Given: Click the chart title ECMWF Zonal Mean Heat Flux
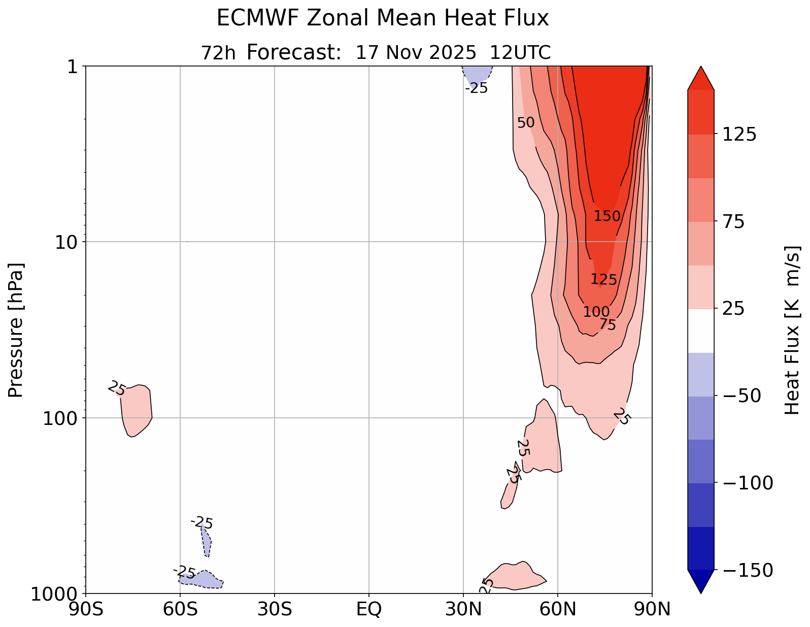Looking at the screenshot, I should click(x=383, y=19).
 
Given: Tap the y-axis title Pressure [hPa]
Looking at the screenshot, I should click(x=16, y=330).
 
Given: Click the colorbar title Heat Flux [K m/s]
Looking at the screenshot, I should click(x=793, y=330).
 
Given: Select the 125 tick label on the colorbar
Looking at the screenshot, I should click(x=738, y=135).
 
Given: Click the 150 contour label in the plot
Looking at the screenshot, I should click(x=607, y=216).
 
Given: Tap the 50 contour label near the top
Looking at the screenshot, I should click(x=526, y=123).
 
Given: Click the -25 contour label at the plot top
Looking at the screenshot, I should click(x=476, y=88).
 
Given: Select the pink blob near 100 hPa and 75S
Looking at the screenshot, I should click(x=137, y=410).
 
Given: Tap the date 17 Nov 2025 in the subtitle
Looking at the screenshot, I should click(x=416, y=53).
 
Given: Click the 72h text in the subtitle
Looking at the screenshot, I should click(x=218, y=53).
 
